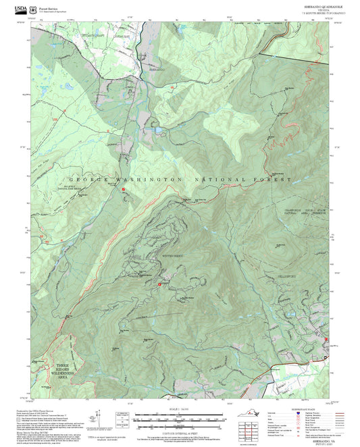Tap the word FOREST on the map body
[x=274, y=180]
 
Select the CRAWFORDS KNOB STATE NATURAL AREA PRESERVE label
[x=303, y=211]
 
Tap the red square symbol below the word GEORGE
[x=124, y=190]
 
